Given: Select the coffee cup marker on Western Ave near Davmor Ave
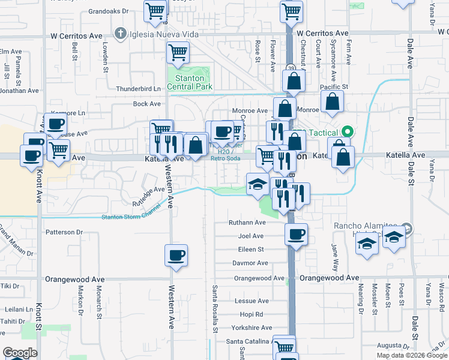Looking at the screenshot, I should (176, 256).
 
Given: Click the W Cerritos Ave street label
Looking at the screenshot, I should (322, 34).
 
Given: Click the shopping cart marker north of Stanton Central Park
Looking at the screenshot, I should (178, 53).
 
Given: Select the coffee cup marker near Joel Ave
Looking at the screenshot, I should (296, 235).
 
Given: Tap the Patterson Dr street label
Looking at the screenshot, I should (64, 232).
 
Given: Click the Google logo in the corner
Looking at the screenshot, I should (20, 353).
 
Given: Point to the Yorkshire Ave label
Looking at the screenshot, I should (252, 328).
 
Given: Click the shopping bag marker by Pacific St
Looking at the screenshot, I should (332, 103).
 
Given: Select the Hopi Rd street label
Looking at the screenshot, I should (251, 314).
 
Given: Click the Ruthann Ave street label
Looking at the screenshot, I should (247, 223).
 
